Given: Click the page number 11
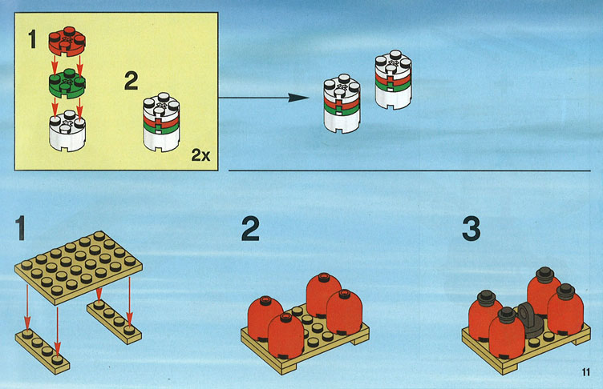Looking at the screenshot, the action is (585, 372).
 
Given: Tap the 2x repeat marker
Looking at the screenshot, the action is (200, 154).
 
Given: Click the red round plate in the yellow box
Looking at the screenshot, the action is (67, 41).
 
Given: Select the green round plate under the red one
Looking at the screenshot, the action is (67, 83).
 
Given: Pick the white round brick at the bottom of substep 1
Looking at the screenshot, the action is (67, 130).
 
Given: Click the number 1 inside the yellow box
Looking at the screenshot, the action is (32, 39).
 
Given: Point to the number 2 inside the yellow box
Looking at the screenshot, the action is (132, 81).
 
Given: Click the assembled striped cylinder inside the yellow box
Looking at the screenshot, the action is (161, 122).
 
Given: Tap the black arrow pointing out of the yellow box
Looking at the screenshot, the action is (264, 98).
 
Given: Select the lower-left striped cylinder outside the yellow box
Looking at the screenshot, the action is (342, 104).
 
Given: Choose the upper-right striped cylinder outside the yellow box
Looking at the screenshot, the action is (393, 80).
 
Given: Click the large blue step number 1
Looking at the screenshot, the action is (20, 228).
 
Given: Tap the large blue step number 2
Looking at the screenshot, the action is (250, 229).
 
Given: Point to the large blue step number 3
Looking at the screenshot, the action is (471, 229).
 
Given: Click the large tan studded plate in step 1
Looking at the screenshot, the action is (79, 267).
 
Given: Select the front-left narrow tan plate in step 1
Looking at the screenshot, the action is (42, 351).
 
